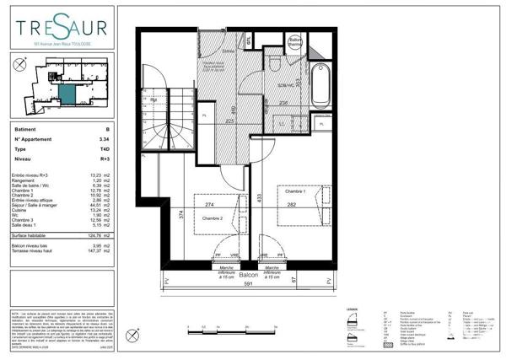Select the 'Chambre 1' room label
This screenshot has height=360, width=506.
293,191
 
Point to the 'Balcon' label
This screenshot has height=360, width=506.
248,275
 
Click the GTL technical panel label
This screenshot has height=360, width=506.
250,39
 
